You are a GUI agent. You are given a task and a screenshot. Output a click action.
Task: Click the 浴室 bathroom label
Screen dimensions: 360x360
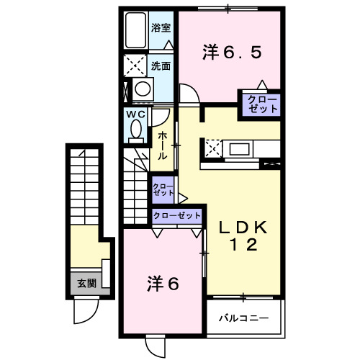[161, 28]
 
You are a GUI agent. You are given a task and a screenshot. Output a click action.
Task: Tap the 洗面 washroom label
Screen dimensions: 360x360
[161, 66]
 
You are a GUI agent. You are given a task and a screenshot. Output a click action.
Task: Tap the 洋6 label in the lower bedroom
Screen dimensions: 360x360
[163, 283]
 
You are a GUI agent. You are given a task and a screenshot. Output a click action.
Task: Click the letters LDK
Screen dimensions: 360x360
[243, 228]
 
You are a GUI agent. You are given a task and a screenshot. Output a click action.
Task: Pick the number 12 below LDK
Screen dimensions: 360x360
[243, 246]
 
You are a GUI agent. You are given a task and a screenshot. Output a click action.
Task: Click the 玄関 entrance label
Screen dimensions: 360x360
[86, 283]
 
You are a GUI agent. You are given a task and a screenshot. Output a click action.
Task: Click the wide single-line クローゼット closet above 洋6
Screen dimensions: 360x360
[176, 216]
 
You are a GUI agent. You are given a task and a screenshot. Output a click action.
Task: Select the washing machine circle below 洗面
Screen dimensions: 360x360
[143, 89]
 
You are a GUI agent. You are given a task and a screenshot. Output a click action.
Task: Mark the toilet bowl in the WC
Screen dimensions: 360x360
[135, 131]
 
